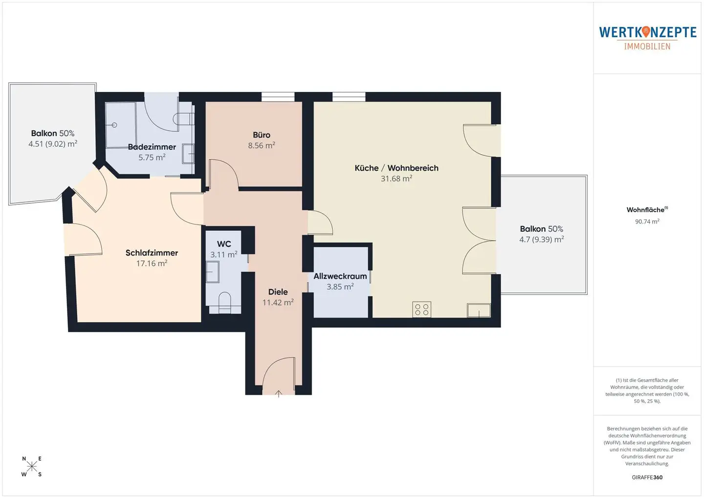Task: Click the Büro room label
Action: pos(262,135)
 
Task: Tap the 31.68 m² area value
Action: pos(396,178)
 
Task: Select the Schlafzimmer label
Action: pos(152,253)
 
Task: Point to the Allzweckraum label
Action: pos(340,276)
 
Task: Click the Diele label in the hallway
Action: pos(278,292)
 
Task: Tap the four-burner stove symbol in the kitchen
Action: pos(422,309)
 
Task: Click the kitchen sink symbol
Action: pos(479,310)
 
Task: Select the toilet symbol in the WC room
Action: pos(224,302)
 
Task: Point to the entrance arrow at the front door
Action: pos(279,394)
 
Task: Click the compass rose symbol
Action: pos(32,467)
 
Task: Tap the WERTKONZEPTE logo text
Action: pos(647,32)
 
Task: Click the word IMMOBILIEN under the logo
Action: pos(647,46)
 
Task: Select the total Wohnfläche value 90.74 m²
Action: pos(647,221)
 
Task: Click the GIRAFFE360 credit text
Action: pos(647,477)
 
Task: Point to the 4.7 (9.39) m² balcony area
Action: pos(542,239)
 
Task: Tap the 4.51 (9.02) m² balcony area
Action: pos(53,144)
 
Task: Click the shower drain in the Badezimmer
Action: pos(114,125)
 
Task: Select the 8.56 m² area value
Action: pos(262,146)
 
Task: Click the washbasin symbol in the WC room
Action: pos(213,272)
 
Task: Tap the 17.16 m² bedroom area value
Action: pos(152,263)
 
